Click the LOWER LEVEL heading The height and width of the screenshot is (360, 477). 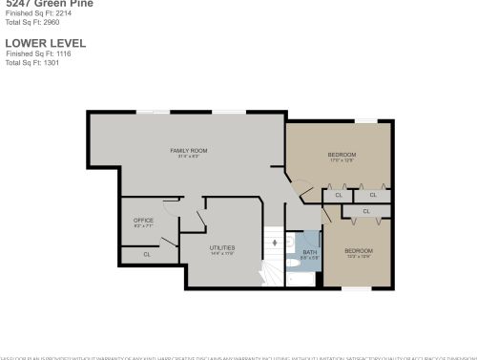point(45,43)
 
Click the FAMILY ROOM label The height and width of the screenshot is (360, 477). point(189,151)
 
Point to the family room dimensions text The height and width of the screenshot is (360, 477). point(189,157)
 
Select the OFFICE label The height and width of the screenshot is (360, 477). point(143,221)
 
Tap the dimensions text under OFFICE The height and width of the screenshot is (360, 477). point(143,226)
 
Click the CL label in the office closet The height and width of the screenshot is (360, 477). point(147,254)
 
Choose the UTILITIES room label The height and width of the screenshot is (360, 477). point(222,247)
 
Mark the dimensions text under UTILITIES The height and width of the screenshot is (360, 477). point(222,253)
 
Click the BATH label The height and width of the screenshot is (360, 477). point(309,252)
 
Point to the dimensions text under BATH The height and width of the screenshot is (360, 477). point(309,258)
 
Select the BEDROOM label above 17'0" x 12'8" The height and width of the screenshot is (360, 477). point(342,155)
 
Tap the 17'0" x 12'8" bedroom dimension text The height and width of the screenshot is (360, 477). point(342,160)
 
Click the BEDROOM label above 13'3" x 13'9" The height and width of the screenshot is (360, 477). point(358,250)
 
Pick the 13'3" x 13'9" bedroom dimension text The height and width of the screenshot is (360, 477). point(358,256)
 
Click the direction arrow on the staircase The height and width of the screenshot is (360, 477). point(276,244)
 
